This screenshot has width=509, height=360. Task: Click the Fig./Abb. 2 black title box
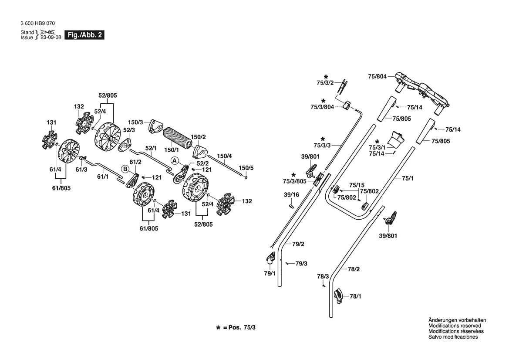point(84,35)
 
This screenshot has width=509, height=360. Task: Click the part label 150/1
point(172,150)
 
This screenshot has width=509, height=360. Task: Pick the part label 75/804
point(377,77)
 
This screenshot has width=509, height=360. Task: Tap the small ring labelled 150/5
point(246,177)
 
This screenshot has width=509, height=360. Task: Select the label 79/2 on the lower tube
point(298,244)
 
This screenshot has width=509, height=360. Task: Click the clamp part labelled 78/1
point(339,295)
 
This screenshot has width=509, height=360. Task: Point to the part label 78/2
point(354,269)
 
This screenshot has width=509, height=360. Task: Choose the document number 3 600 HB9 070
point(37,24)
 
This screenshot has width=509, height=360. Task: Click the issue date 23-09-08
point(51,37)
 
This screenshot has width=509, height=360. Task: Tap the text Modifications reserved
point(455,326)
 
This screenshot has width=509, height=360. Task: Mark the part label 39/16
point(291,195)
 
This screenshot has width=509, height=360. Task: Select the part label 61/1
point(103,177)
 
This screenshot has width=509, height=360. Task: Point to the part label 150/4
point(224,156)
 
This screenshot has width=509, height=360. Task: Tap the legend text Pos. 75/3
point(242,327)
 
